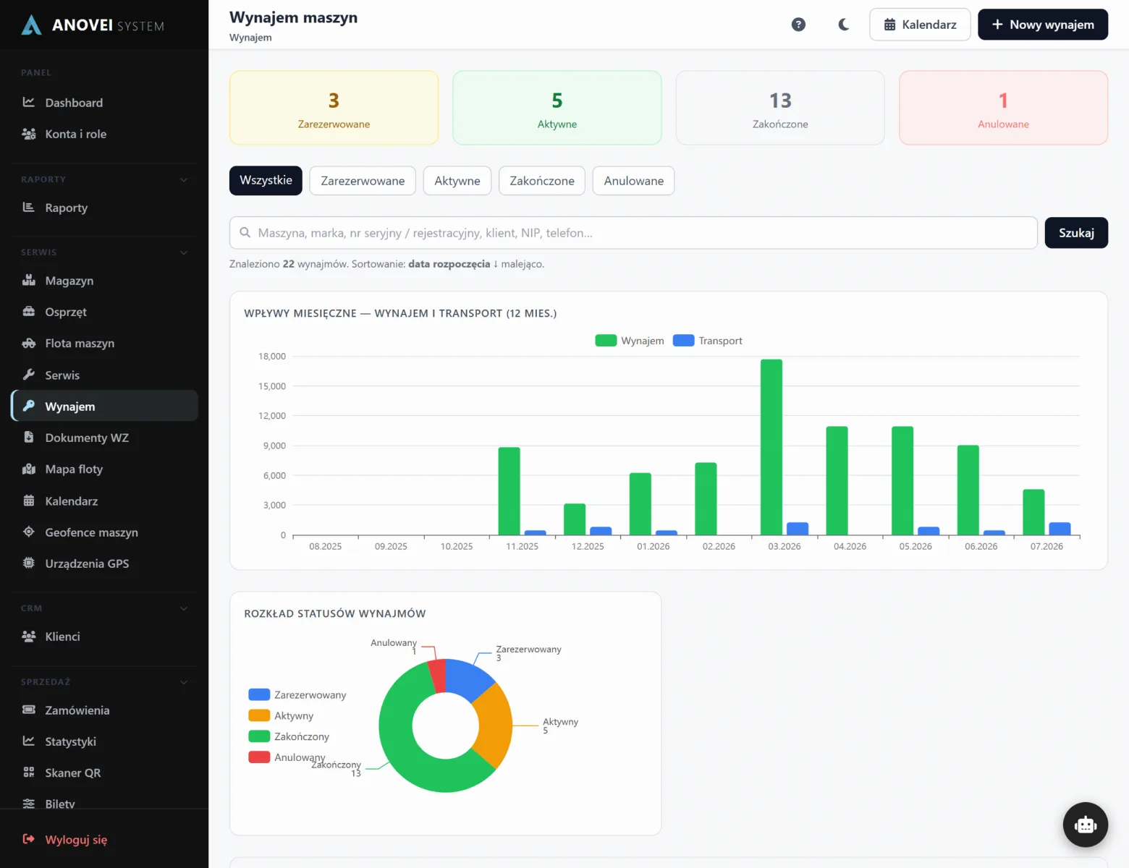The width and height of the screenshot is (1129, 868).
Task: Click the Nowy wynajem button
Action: (x=1042, y=25)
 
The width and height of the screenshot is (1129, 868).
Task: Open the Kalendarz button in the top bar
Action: (x=920, y=25)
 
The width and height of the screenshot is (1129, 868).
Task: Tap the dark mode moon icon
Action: (x=843, y=25)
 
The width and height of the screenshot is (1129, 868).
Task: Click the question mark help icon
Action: (x=798, y=25)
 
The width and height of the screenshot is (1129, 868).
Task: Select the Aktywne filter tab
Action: (x=457, y=181)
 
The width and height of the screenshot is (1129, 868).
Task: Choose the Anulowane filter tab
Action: (x=633, y=181)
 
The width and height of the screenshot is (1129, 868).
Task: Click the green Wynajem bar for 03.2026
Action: (x=771, y=447)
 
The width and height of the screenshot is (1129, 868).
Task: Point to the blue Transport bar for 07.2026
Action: (x=1060, y=529)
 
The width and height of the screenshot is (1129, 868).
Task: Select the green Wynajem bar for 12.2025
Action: (x=574, y=519)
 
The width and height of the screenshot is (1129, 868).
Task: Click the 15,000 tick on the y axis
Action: (x=271, y=386)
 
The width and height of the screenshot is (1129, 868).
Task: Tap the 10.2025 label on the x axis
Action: (x=456, y=546)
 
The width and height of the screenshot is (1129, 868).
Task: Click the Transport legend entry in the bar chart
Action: (x=707, y=341)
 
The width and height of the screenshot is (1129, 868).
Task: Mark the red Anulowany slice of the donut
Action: (x=437, y=676)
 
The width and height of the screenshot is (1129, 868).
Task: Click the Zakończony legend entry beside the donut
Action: (x=289, y=736)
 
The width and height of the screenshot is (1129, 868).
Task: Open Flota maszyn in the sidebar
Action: (x=80, y=343)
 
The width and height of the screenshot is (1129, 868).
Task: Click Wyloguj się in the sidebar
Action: (x=76, y=840)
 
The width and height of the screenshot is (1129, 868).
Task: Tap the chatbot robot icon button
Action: (x=1085, y=825)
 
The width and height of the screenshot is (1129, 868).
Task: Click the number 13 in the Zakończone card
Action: (x=780, y=101)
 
